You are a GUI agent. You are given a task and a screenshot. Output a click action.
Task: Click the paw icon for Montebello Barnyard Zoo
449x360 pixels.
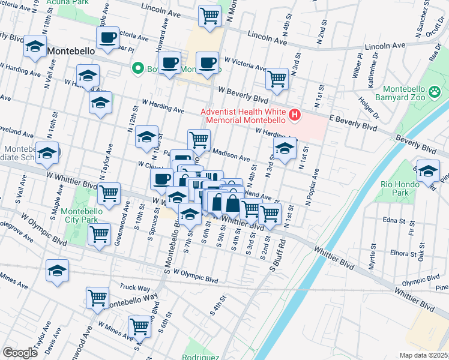click(x=435, y=92)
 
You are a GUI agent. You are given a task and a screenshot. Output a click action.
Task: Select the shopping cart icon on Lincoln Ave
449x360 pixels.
click(x=209, y=16)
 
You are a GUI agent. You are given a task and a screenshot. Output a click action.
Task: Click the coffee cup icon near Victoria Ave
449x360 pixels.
click(x=108, y=38)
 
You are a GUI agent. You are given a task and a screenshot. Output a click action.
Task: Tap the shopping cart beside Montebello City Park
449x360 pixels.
click(x=109, y=193)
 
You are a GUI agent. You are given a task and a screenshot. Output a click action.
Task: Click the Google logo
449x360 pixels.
click(x=20, y=353)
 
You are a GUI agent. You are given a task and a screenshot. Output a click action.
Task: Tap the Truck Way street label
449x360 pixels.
click(x=134, y=287)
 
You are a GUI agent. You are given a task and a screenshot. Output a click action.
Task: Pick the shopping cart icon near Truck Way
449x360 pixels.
click(x=97, y=297)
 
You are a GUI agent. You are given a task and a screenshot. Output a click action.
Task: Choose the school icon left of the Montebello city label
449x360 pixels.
click(x=35, y=46)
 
